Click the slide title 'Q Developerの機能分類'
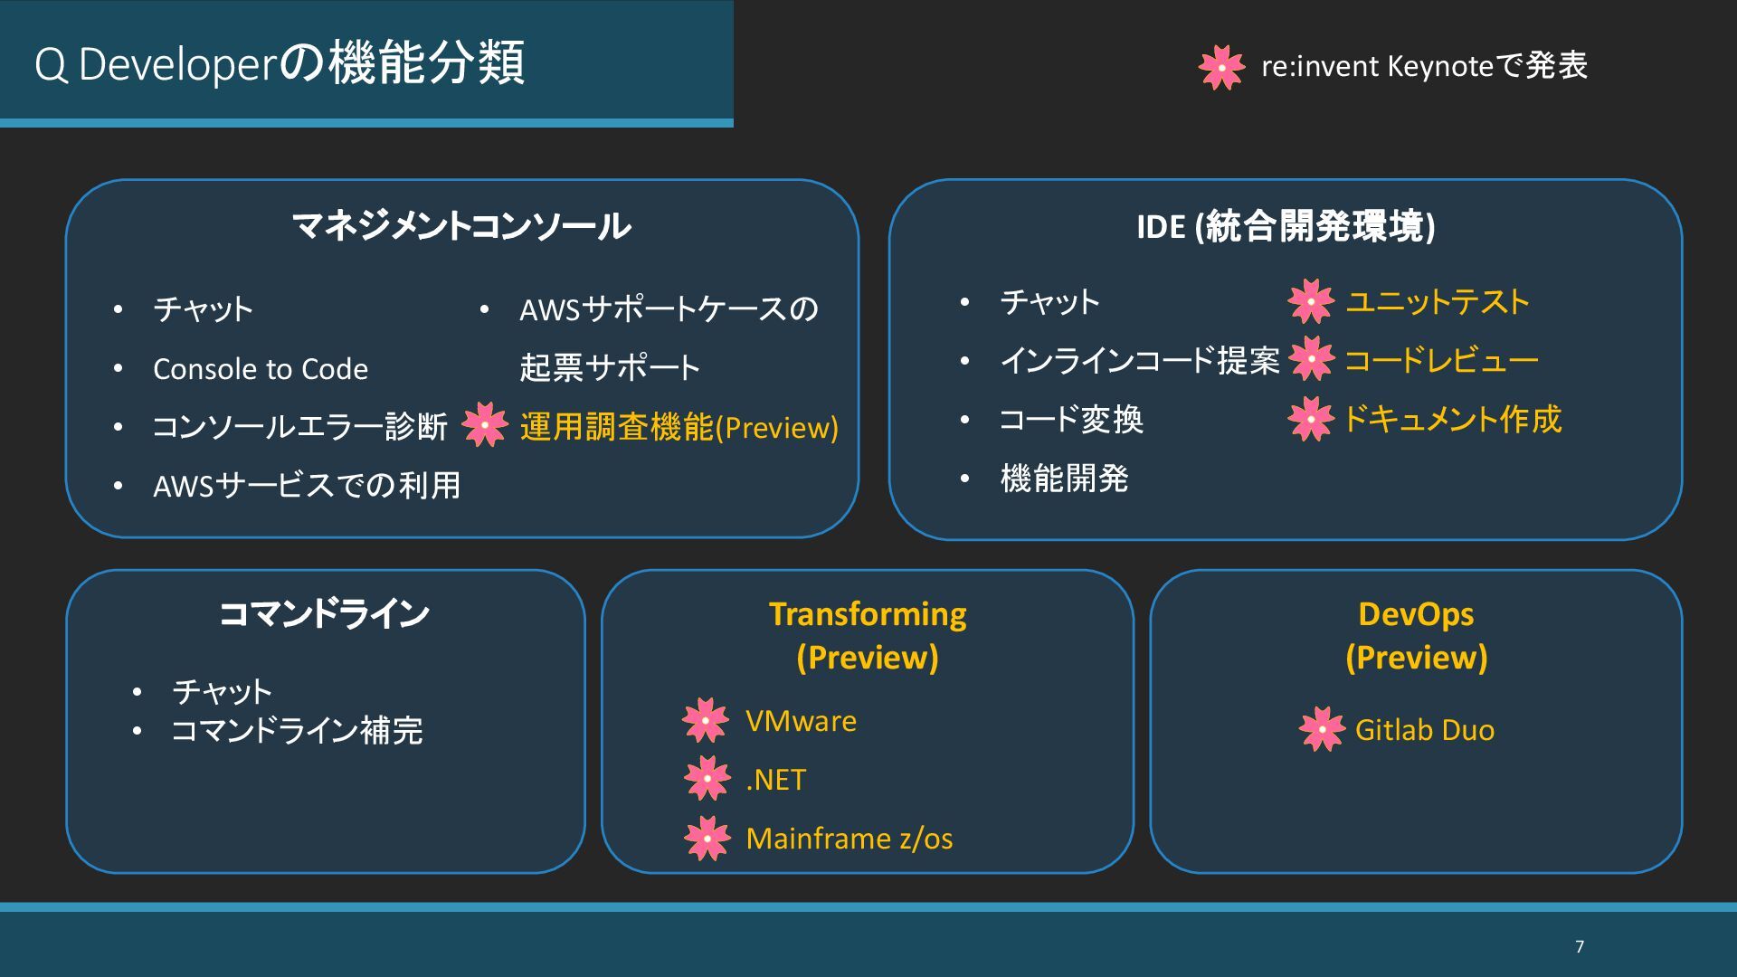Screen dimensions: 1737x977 [280, 63]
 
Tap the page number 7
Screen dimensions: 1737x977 [1580, 946]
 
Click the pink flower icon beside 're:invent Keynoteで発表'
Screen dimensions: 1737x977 [1221, 67]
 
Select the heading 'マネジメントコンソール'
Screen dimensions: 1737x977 [461, 226]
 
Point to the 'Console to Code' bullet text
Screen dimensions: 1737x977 [261, 369]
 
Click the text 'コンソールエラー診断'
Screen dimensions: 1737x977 [299, 427]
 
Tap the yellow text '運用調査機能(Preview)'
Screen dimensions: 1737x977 [679, 427]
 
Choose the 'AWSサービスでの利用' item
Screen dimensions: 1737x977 [307, 486]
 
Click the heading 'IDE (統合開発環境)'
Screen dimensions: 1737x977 [1286, 226]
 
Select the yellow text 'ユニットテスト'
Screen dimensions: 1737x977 [1438, 302]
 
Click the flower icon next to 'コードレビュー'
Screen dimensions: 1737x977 [1311, 359]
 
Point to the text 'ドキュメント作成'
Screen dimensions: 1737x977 [1453, 419]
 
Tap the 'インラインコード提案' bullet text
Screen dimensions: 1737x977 [1140, 360]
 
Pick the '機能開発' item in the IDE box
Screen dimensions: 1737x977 [1064, 479]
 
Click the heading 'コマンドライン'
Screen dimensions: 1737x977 [324, 614]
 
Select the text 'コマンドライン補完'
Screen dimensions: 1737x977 [297, 731]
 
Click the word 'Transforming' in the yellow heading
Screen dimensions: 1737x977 [868, 614]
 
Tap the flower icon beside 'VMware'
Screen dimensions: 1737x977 [706, 720]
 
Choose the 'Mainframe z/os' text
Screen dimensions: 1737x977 [849, 839]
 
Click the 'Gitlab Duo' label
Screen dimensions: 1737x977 [1424, 730]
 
